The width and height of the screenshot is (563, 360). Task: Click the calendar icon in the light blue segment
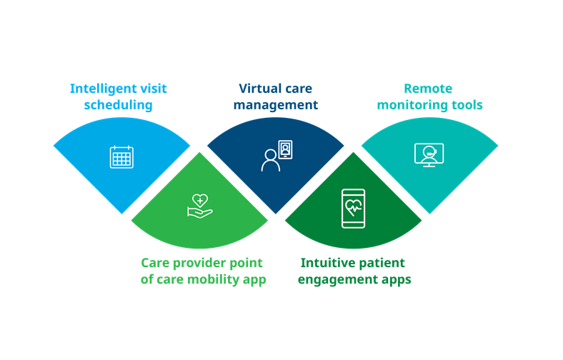point(121,157)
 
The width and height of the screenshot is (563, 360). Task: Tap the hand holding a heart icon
point(200,206)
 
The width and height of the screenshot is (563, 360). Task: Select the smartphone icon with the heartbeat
point(354,209)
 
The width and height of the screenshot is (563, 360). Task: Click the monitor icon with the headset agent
point(429,155)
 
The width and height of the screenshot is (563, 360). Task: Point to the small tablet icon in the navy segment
point(285,149)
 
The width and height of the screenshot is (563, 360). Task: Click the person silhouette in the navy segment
point(270,160)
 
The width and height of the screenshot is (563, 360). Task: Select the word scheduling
point(118,105)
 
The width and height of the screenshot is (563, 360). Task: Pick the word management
point(276,106)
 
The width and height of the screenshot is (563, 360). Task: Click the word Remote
point(428,89)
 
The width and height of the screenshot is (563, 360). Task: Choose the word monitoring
point(412,105)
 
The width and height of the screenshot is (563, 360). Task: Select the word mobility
point(214,279)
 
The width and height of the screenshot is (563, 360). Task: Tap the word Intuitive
point(323,263)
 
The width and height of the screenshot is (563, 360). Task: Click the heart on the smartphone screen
point(354,207)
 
